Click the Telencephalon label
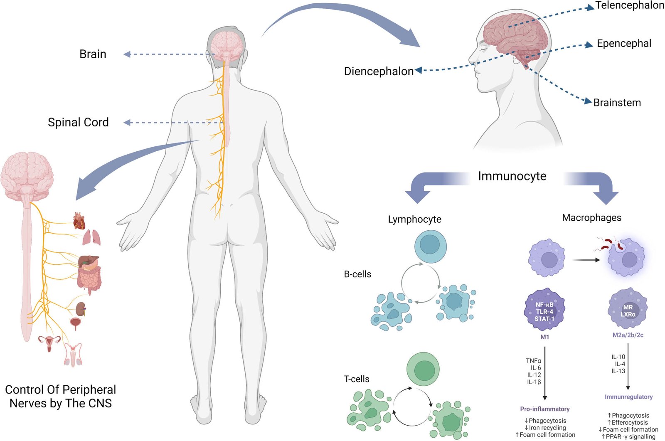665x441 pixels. (629, 5)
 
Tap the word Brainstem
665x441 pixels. (617, 103)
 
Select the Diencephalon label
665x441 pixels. (378, 71)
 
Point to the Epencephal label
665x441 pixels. (624, 44)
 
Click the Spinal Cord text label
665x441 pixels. (78, 122)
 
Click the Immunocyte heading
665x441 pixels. (512, 176)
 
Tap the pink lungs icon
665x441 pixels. (91, 238)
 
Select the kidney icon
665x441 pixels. (81, 309)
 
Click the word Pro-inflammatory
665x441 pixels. (544, 409)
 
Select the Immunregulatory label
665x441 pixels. (628, 397)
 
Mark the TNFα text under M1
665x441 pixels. (533, 361)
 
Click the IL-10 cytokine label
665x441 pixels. (618, 357)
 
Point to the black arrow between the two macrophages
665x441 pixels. (586, 260)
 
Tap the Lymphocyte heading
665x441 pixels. (414, 219)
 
